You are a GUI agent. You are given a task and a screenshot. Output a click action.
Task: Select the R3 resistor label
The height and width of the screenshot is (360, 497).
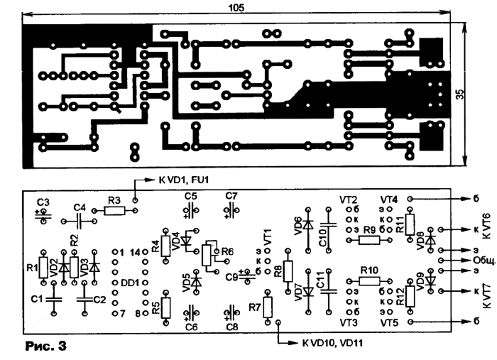point(115,200)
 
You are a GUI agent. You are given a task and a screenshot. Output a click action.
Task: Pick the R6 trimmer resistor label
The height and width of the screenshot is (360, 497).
point(227,252)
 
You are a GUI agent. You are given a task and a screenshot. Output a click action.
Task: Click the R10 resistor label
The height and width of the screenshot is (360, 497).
point(369,271)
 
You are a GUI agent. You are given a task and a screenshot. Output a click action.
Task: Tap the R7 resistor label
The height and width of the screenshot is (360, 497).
point(254,307)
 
